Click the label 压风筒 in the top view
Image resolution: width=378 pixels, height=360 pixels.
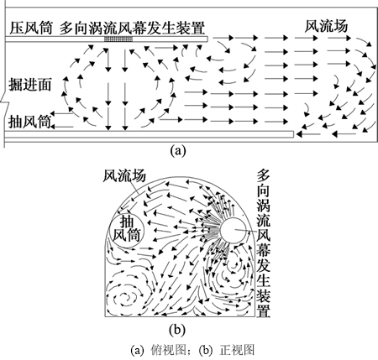click(31, 28)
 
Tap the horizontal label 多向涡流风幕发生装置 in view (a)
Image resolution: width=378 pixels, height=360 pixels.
click(133, 28)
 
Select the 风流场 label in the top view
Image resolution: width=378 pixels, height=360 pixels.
click(326, 26)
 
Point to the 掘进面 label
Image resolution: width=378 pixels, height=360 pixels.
click(30, 84)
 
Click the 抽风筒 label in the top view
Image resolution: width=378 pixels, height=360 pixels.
click(30, 122)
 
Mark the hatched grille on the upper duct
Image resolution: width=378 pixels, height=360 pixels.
click(118, 39)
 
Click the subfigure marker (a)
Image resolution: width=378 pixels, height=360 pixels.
click(178, 151)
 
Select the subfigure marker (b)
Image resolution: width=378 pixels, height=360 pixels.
click(177, 330)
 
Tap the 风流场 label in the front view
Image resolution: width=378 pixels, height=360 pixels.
click(124, 176)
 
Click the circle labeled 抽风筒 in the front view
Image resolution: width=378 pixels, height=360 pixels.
click(127, 231)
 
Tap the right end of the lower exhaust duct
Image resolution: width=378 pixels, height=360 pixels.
click(293, 134)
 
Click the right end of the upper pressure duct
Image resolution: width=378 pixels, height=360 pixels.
click(207, 39)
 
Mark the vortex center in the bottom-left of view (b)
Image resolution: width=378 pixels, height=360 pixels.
click(123, 296)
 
